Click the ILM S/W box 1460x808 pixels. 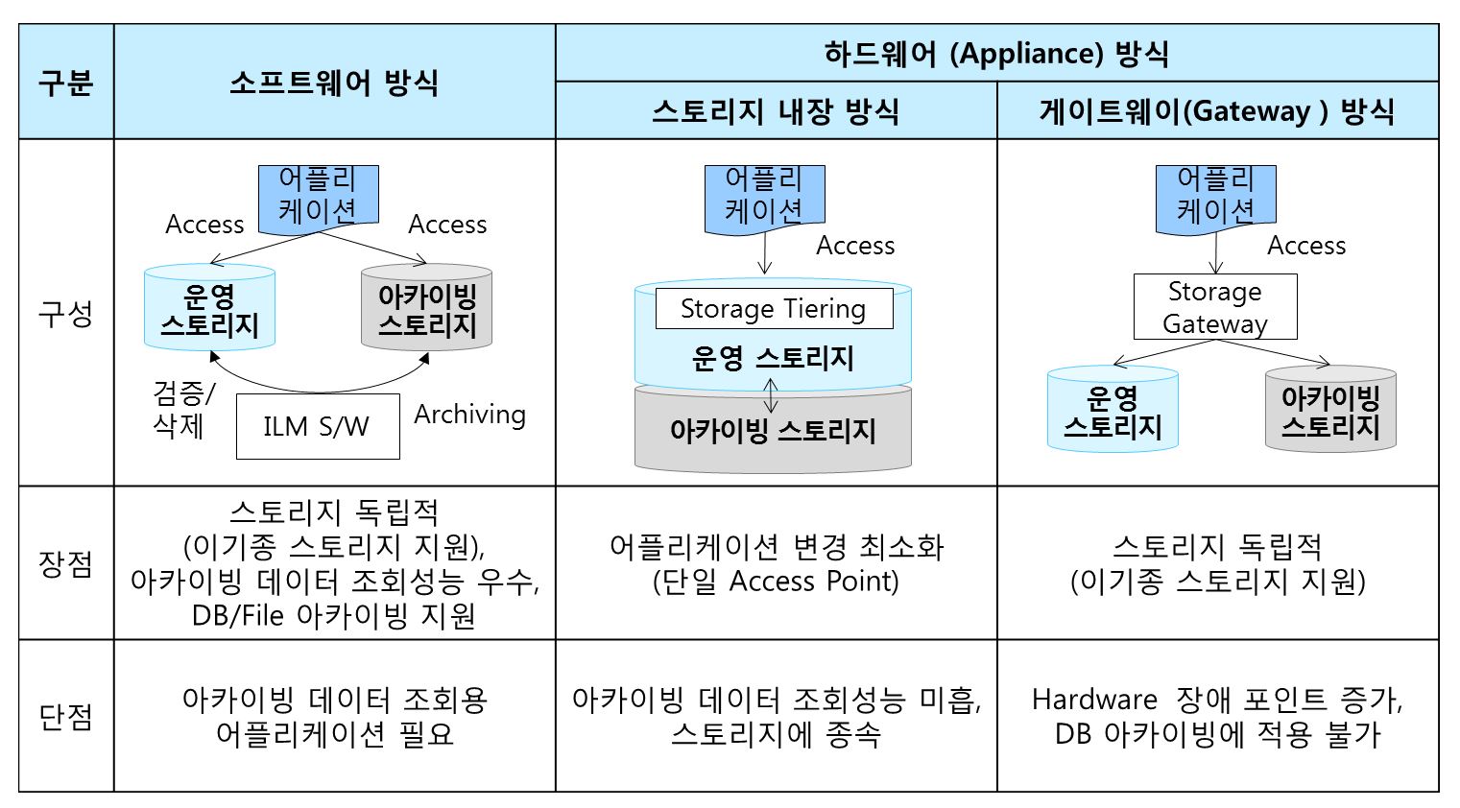(318, 426)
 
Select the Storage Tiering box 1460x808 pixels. (775, 308)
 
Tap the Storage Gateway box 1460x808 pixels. (1215, 307)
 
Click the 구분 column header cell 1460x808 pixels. (66, 82)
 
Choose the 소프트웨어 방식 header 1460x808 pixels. (334, 83)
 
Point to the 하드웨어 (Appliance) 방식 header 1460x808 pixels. (996, 53)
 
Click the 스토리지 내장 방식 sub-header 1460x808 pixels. (776, 110)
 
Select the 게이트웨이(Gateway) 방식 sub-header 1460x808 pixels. (1217, 110)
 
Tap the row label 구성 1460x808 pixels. (66, 314)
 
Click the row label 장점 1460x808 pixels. (66, 563)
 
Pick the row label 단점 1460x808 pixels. (66, 716)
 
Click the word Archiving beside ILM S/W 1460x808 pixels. (470, 416)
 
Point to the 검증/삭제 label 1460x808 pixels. (183, 410)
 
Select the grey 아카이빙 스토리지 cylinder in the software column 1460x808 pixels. (427, 307)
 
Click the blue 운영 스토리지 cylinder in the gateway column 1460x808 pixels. (1113, 409)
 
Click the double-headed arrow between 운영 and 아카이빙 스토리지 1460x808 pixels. (771, 394)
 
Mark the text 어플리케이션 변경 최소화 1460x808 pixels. (777, 547)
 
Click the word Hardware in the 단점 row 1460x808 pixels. (1094, 700)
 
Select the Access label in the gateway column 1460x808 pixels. (1306, 246)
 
